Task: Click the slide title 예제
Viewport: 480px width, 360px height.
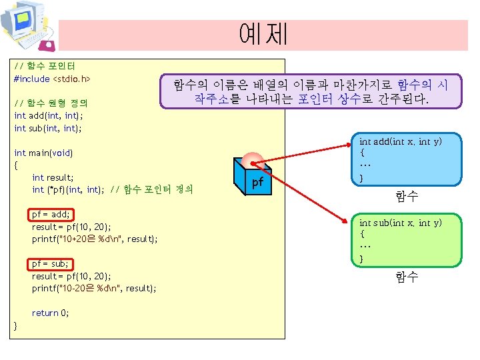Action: click(263, 34)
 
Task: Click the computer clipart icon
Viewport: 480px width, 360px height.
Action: click(27, 26)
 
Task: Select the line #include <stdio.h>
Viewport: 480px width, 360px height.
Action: click(52, 79)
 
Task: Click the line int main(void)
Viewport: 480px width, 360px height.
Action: click(43, 153)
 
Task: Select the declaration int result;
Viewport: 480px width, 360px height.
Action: click(53, 177)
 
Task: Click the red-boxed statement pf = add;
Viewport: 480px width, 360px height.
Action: click(51, 214)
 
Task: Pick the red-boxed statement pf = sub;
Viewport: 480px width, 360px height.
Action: click(51, 263)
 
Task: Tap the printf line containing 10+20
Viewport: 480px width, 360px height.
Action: click(95, 239)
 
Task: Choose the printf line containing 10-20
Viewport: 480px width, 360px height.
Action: click(94, 288)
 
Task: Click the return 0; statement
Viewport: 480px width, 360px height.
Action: click(50, 313)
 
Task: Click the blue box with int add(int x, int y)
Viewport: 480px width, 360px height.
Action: click(407, 159)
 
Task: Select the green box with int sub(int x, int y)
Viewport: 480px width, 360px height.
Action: click(407, 240)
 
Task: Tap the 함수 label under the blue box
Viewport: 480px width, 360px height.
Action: click(406, 196)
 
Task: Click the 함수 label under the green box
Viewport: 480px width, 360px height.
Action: click(406, 277)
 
